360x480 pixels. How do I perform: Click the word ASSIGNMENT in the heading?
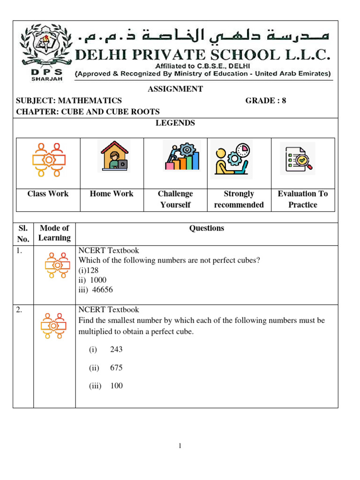(175, 89)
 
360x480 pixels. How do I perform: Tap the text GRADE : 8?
(265, 100)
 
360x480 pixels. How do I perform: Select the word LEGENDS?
(175, 123)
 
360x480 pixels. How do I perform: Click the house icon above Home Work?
(112, 157)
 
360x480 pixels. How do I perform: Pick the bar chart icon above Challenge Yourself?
(181, 157)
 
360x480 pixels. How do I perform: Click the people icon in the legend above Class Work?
(49, 159)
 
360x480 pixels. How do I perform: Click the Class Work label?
(48, 194)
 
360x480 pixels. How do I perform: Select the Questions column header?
(206, 228)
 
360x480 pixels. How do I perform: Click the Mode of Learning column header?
(54, 233)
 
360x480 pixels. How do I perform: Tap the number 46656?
(102, 290)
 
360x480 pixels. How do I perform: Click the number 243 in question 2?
(117, 350)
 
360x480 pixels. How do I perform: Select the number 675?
(117, 368)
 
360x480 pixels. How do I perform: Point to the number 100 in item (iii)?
(117, 386)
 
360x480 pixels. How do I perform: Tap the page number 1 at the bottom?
(180, 446)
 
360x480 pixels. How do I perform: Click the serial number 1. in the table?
(19, 251)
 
